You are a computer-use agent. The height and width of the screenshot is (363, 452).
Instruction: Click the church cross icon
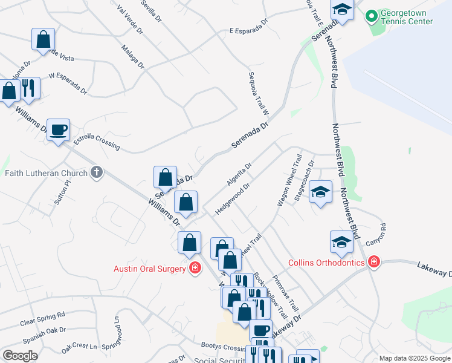coord(95,174)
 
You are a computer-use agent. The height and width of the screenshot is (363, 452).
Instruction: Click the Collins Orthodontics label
coord(326,263)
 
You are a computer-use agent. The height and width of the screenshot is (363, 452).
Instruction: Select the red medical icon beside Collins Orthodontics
coord(374,262)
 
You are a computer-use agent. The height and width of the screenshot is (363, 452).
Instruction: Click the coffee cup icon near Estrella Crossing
coord(59,130)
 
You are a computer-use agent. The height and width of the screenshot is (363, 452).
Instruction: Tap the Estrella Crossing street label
coord(97,143)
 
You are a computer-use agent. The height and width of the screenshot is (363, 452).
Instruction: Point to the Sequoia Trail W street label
coord(257,94)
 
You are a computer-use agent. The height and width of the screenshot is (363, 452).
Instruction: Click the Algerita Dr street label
coord(239,174)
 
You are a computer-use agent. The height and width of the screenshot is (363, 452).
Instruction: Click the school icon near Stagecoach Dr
coord(321,192)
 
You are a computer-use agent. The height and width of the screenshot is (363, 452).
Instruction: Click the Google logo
coord(20,356)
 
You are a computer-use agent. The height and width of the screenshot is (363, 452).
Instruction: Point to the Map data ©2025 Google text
coord(415,358)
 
